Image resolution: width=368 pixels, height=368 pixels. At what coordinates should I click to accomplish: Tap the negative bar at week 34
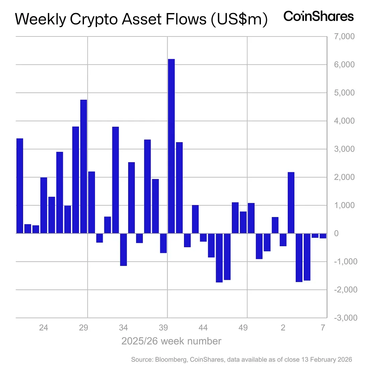click(x=123, y=250)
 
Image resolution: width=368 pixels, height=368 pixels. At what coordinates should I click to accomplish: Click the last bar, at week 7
click(x=323, y=236)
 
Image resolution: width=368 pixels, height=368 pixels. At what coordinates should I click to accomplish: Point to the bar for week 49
click(x=243, y=222)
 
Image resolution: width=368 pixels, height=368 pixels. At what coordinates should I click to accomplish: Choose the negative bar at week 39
click(x=163, y=243)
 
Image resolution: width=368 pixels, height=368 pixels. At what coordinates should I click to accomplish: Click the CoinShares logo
click(x=318, y=16)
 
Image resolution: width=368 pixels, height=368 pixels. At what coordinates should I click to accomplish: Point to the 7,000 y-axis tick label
click(x=344, y=36)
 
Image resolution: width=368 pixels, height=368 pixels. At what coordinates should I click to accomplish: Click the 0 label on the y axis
click(x=336, y=234)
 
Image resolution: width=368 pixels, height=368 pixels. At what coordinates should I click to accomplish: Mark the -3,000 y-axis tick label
click(x=346, y=318)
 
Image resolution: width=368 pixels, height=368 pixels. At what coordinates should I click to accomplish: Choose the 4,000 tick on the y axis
click(x=344, y=121)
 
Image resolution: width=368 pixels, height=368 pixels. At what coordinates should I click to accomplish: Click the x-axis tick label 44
click(x=203, y=328)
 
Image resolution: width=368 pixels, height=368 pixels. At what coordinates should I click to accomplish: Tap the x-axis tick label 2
click(x=283, y=328)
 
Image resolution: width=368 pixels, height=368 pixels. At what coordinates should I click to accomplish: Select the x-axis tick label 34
click(x=123, y=328)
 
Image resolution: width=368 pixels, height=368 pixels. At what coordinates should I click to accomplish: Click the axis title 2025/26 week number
click(x=171, y=341)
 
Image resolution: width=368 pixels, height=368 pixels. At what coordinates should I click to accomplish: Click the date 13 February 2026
click(x=324, y=360)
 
